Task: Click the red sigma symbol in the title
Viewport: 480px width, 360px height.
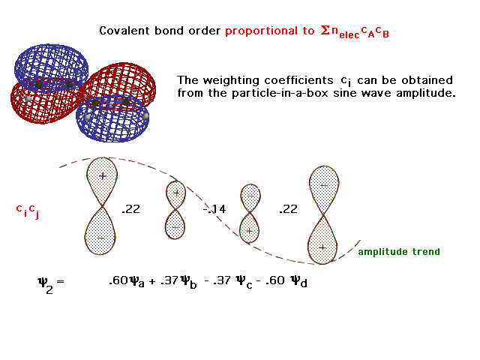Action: tap(325, 30)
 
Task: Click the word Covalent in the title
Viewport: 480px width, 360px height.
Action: tap(124, 31)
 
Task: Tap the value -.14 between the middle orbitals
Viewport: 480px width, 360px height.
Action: tap(214, 209)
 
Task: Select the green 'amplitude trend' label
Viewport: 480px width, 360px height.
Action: tap(399, 252)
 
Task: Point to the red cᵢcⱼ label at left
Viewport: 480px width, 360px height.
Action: tap(28, 211)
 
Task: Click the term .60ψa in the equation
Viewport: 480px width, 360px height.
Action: tap(127, 281)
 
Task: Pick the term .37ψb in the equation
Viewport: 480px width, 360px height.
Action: tap(178, 282)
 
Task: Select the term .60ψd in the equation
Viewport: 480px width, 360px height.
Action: tap(286, 281)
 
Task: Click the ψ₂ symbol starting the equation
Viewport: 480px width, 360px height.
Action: tap(45, 285)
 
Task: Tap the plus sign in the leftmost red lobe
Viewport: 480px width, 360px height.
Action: tap(103, 176)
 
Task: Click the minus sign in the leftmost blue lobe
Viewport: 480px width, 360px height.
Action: tap(100, 238)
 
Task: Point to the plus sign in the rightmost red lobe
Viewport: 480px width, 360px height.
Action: tap(322, 247)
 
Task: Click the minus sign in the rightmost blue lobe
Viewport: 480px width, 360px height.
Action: tap(324, 185)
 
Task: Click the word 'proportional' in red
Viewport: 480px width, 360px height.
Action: tap(261, 31)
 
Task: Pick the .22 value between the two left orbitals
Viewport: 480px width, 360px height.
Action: tap(131, 209)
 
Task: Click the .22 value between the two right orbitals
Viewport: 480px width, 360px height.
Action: tap(288, 209)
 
